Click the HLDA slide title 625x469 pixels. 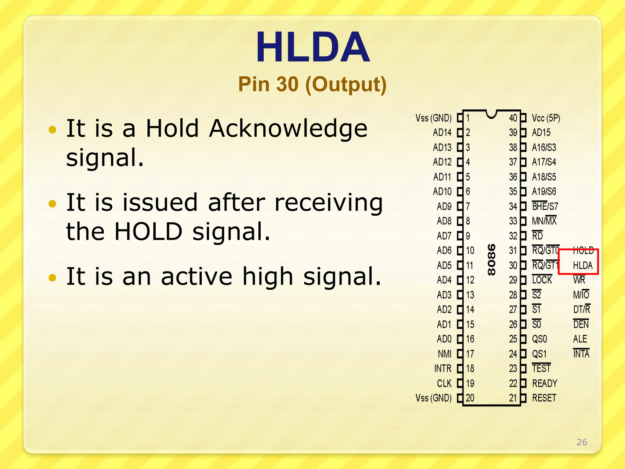pos(312,47)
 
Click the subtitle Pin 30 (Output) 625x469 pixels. pos(312,84)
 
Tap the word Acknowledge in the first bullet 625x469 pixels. pos(288,129)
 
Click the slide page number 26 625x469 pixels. pos(582,442)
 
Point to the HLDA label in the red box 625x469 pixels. pos(582,265)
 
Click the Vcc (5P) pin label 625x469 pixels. pos(546,118)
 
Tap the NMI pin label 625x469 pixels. pos(444,354)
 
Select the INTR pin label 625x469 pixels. pos(443,369)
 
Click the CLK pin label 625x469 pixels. pos(444,383)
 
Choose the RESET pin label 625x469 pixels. pos(544,398)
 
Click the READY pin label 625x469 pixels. pos(545,383)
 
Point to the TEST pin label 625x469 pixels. pos(541,369)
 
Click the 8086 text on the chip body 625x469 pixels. pos(491,260)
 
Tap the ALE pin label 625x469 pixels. pos(580,339)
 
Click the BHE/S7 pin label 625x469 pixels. pos(545,207)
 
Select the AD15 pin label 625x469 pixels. pos(541,133)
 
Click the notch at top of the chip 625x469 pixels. pos(491,114)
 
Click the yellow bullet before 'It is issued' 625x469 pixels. pos(52,204)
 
